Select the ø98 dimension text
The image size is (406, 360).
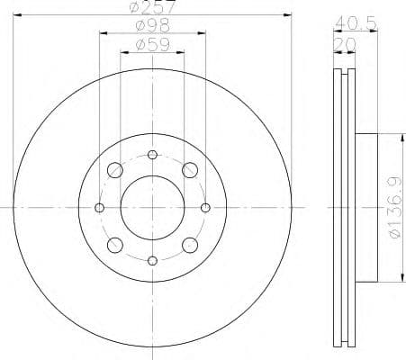[x=152, y=26]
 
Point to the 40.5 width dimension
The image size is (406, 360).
[x=354, y=22]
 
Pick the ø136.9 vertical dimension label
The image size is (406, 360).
[x=389, y=208]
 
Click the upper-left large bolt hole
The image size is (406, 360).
[x=115, y=170]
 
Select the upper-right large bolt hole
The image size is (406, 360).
[x=190, y=170]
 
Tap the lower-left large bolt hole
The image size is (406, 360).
[x=115, y=245]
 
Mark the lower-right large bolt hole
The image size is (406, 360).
[x=190, y=245]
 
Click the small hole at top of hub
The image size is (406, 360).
[x=152, y=154]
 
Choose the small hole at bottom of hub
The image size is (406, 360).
[x=152, y=261]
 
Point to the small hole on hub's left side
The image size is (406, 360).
[x=99, y=208]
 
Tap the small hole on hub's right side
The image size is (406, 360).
[x=206, y=208]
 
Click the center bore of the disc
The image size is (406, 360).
[x=152, y=208]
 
